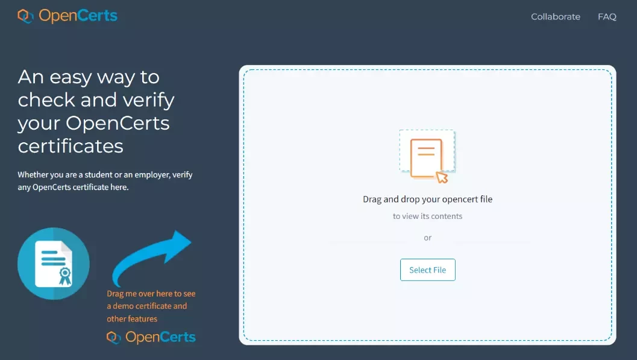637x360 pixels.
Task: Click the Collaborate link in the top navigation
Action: point(556,17)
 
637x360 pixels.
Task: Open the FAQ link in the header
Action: point(607,17)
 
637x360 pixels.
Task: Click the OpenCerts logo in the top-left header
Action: point(67,16)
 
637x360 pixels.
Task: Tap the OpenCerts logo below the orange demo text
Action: point(151,337)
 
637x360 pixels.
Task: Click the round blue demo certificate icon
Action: point(54,264)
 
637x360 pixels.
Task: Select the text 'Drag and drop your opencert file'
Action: point(427,199)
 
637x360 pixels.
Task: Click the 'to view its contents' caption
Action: point(427,216)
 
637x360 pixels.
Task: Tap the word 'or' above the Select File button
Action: point(427,238)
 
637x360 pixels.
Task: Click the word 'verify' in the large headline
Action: point(149,100)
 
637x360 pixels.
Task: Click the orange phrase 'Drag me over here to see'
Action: point(151,293)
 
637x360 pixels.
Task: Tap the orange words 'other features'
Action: point(132,318)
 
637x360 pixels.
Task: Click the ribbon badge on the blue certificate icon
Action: point(65,276)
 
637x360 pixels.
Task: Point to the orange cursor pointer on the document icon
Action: point(442,177)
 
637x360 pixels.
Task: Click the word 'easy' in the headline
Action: point(71,78)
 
